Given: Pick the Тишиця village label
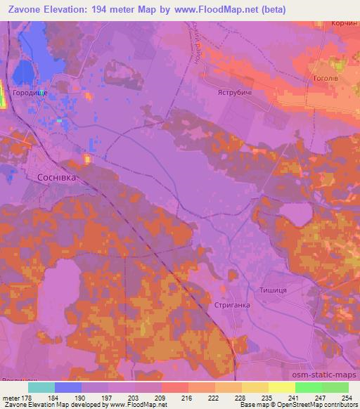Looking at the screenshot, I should click(275, 290).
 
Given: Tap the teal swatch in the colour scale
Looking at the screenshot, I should click(41, 387).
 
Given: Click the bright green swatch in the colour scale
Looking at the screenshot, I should click(308, 387).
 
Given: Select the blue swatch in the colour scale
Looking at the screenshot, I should click(68, 387).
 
